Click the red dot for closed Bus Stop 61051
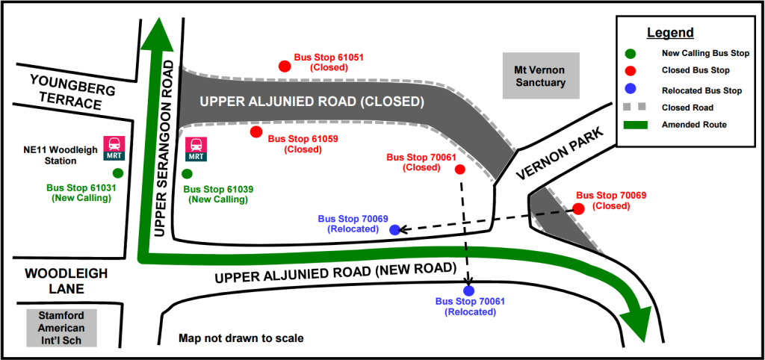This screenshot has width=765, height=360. pyautogui.click(x=285, y=66)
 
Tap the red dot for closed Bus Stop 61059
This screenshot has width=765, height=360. pyautogui.click(x=256, y=132)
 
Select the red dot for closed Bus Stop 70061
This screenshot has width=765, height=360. pyautogui.click(x=459, y=170)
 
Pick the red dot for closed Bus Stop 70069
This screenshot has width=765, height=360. pyautogui.click(x=578, y=209)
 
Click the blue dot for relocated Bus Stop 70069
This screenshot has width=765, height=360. pyautogui.click(x=394, y=229)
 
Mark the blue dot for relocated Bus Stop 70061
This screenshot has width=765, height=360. pyautogui.click(x=468, y=291)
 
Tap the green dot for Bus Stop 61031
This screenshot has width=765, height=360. pyautogui.click(x=118, y=173)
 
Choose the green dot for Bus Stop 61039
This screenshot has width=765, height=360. pyautogui.click(x=187, y=174)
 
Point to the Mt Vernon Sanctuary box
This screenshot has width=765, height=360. pyautogui.click(x=541, y=75)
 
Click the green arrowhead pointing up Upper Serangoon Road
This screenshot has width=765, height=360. pyautogui.click(x=158, y=34)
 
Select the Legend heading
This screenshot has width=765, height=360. pyautogui.click(x=670, y=33)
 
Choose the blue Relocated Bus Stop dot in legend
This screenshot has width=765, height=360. pyautogui.click(x=631, y=90)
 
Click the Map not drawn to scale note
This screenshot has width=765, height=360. pyautogui.click(x=241, y=338)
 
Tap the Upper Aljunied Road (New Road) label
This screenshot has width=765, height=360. pyautogui.click(x=335, y=273)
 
